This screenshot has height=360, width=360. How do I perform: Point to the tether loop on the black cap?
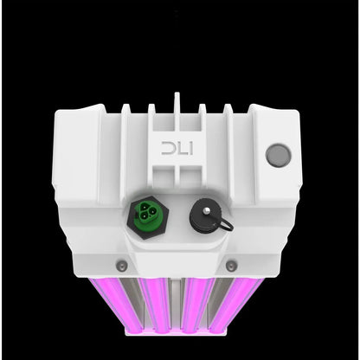(226, 223)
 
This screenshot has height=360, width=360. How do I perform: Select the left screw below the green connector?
(121, 263)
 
